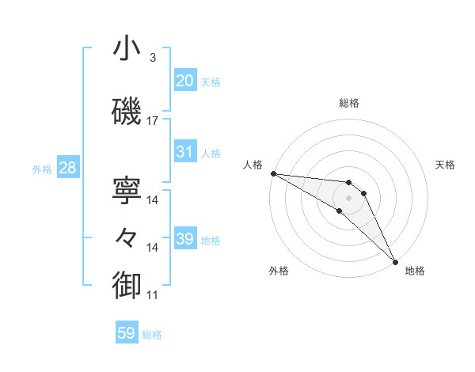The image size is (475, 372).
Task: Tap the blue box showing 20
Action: tap(184, 81)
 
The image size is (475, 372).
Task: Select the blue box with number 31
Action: tap(184, 152)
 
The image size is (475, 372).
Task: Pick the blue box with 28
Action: tap(66, 168)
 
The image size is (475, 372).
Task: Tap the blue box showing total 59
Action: tap(126, 333)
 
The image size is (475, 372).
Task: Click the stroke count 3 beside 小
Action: tap(153, 58)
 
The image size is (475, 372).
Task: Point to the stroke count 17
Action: tap(153, 121)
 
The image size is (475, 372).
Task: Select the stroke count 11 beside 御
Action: tap(153, 295)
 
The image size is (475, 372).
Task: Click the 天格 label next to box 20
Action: tap(211, 82)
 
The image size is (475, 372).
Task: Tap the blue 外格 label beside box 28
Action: tap(42, 169)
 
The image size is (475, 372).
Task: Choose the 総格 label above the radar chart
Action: tap(349, 103)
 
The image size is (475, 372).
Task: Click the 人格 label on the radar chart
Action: tap(253, 165)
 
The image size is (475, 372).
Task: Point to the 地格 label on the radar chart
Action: tap(415, 271)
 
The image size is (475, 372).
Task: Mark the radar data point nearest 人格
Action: tap(273, 173)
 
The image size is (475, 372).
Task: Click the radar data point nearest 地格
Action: tap(394, 262)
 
